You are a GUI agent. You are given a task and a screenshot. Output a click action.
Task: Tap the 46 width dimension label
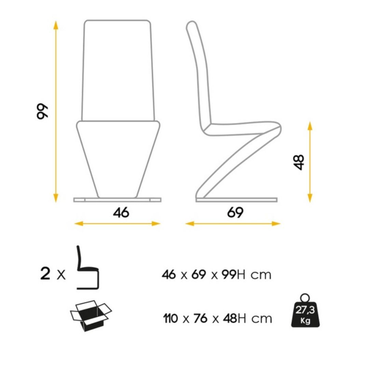[121, 212]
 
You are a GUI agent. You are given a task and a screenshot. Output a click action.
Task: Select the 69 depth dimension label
[235, 213]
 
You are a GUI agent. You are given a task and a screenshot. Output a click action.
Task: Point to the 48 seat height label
[299, 162]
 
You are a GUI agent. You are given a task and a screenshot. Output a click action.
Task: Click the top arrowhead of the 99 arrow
[56, 25]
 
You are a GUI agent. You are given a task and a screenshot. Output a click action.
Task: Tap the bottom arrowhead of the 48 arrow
[310, 198]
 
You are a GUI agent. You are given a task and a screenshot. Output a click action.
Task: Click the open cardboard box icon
[91, 316]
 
